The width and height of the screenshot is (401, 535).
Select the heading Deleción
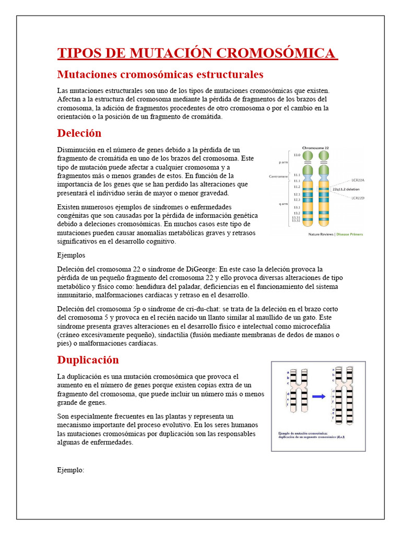(x=79, y=133)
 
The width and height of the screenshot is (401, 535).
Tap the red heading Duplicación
(x=88, y=360)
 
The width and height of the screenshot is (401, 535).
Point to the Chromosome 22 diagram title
(x=315, y=148)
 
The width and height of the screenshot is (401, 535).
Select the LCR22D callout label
(x=358, y=198)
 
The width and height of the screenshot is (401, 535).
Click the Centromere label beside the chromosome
(x=278, y=177)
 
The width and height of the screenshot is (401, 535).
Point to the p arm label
(x=284, y=162)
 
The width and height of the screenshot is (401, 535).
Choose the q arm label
(x=284, y=204)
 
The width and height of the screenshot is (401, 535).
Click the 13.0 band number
(x=297, y=155)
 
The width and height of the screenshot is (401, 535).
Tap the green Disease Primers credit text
(x=349, y=234)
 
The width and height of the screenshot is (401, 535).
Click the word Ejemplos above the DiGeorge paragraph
(x=70, y=255)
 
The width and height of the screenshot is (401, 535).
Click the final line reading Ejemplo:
(x=70, y=470)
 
